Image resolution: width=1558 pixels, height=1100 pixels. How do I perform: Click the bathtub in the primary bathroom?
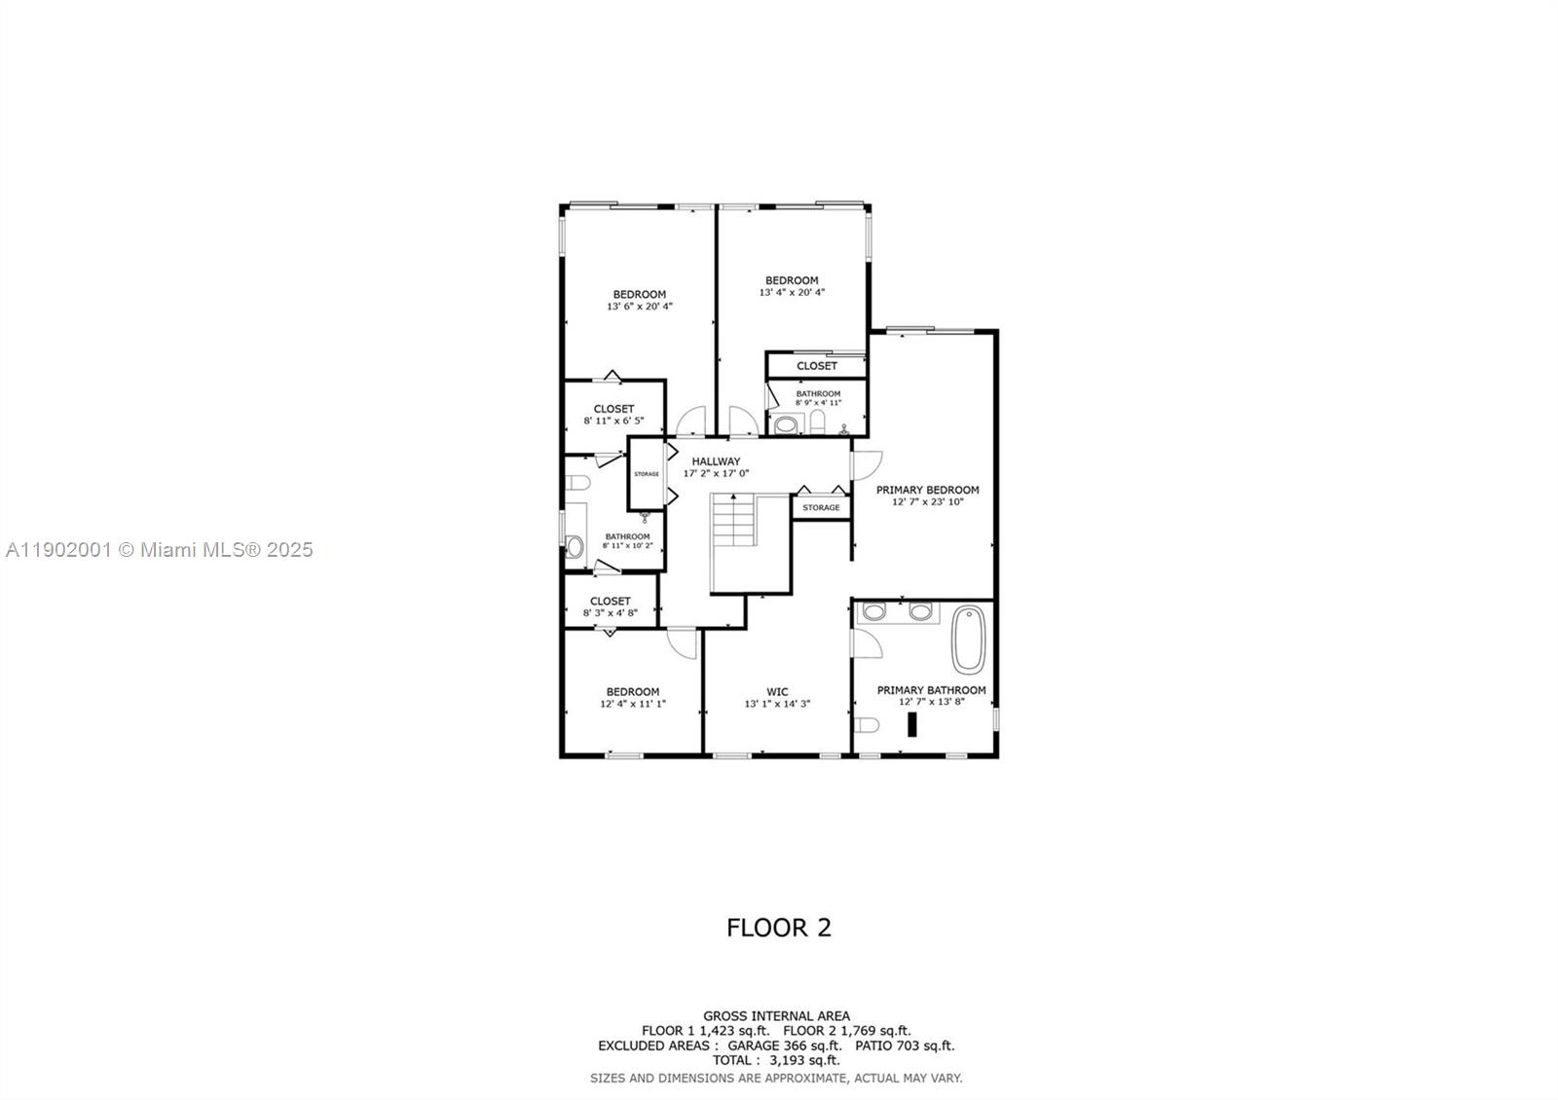969,640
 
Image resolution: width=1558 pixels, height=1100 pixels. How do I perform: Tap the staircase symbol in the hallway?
732,522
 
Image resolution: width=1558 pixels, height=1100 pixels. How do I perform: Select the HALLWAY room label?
716,461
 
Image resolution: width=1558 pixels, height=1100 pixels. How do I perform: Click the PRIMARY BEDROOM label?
927,490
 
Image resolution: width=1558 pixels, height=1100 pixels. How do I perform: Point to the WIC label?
777,692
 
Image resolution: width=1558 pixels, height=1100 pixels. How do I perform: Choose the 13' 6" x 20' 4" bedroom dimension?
639,307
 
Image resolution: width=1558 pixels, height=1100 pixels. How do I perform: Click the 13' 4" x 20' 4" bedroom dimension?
792,292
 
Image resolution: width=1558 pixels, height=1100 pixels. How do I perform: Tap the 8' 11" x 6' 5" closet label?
613,415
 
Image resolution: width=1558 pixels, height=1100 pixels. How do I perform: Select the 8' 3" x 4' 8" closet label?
610,607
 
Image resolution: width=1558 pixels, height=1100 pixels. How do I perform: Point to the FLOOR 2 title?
779,928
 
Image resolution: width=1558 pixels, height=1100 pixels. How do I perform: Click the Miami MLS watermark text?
160,550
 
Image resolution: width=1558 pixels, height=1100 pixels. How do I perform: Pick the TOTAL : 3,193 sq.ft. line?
776,1060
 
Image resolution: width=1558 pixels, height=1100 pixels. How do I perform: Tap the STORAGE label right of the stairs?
821,507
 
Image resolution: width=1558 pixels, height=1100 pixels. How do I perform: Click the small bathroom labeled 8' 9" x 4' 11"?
817,398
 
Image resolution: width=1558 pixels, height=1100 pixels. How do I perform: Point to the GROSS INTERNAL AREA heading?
776,1016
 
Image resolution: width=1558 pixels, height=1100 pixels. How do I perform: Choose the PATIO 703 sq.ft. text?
905,1045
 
